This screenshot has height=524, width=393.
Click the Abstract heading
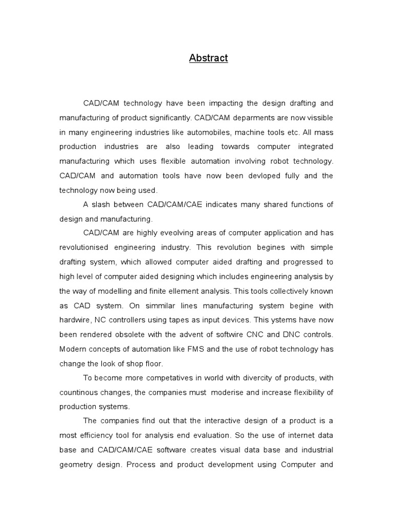point(208,58)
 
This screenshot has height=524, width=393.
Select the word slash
point(101,205)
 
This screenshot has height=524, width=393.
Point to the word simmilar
point(159,305)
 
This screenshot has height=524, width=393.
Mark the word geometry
point(76,465)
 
